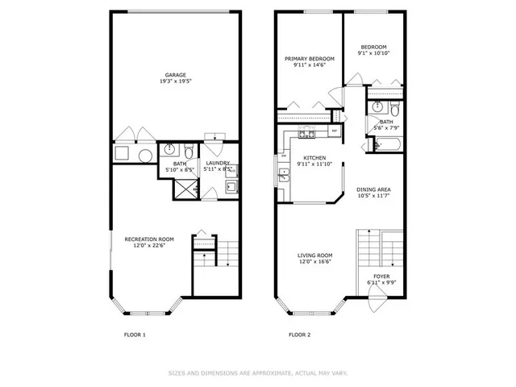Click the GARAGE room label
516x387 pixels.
[x=176, y=75]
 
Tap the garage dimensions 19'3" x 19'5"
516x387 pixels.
[x=176, y=82]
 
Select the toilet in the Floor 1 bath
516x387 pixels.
[x=188, y=151]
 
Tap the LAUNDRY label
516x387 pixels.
[x=218, y=163]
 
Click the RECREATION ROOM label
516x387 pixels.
[x=148, y=239]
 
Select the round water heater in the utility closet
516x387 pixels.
[x=145, y=156]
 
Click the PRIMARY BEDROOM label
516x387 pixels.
[x=309, y=59]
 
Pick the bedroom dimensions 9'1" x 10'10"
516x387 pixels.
[x=373, y=54]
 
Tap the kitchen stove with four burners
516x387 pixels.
[x=306, y=132]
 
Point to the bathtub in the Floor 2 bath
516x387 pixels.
[x=389, y=146]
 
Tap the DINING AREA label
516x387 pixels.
[x=373, y=189]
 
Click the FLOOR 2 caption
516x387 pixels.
[x=300, y=334]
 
